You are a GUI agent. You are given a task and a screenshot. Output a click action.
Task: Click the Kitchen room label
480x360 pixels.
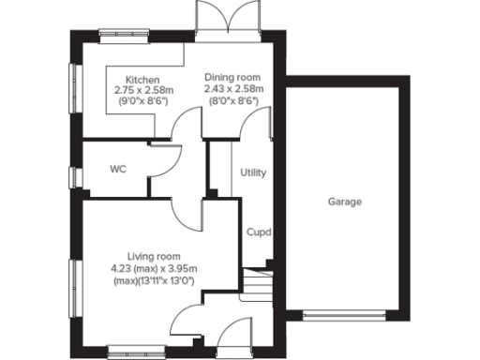(137, 81)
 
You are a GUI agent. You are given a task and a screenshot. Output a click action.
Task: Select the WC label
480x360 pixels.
(118, 170)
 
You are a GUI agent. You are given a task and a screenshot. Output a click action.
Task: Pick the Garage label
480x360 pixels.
(345, 202)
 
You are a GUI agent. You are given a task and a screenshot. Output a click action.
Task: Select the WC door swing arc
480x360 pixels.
(163, 160)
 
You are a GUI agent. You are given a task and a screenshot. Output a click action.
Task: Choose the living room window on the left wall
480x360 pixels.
(74, 281)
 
